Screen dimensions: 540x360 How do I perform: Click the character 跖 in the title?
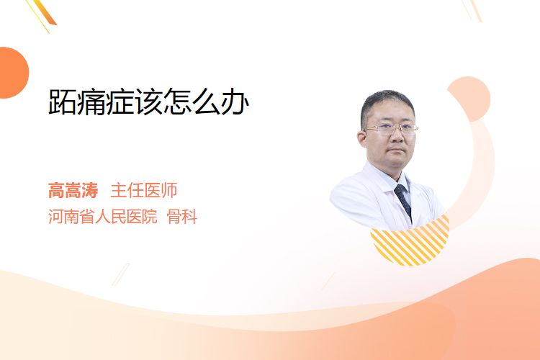(63, 102)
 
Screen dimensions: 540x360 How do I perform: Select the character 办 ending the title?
(235, 102)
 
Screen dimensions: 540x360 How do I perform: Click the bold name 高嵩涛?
(73, 190)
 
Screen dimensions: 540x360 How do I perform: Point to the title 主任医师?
(144, 190)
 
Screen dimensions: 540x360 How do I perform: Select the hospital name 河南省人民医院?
(103, 217)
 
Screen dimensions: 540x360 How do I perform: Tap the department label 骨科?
(182, 217)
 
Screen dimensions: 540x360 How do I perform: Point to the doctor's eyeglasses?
(391, 130)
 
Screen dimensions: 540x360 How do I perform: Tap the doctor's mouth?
(397, 151)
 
